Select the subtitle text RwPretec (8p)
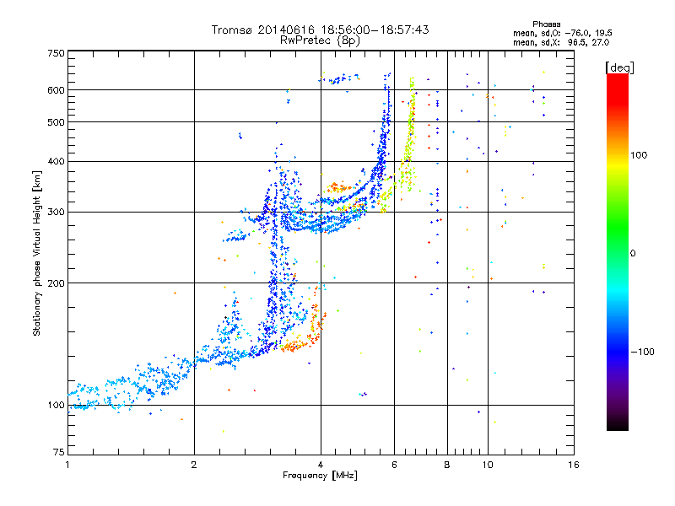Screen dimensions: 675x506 click(x=320, y=40)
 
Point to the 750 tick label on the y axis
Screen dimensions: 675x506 click(x=57, y=53)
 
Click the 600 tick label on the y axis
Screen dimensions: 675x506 click(x=57, y=90)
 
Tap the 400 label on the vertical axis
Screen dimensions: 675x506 click(x=57, y=162)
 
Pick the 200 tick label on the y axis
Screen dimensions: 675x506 click(x=57, y=283)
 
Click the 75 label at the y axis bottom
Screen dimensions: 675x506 click(x=59, y=452)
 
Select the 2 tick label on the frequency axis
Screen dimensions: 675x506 click(x=194, y=465)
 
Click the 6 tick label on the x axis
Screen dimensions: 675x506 click(x=394, y=465)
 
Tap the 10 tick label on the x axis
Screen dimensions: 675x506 click(x=488, y=465)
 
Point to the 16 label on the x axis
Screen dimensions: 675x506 click(x=574, y=465)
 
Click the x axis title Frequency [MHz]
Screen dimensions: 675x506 click(x=320, y=476)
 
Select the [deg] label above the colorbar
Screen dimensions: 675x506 click(x=619, y=67)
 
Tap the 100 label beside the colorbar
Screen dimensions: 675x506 click(x=639, y=155)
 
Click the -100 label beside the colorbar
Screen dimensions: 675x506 click(x=643, y=352)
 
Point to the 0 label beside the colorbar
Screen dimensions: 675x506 click(x=633, y=254)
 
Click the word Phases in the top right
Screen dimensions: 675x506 click(x=547, y=24)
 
